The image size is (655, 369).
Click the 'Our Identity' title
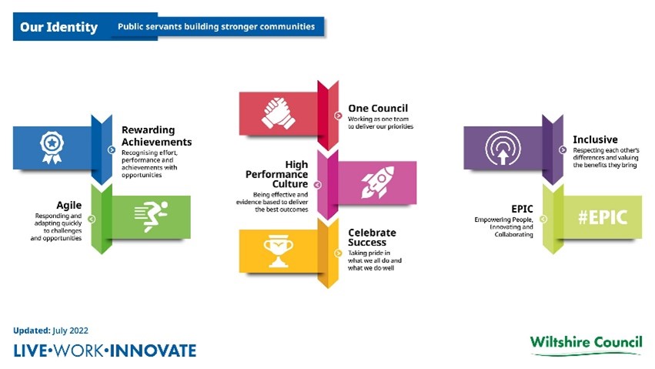(x=59, y=27)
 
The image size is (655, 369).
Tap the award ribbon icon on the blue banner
(x=52, y=147)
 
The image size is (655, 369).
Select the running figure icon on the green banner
(x=151, y=216)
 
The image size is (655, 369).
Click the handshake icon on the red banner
(x=278, y=112)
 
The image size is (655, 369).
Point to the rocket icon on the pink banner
(x=378, y=183)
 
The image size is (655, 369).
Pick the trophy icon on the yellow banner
(x=278, y=251)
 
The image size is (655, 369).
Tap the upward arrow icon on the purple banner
(x=503, y=148)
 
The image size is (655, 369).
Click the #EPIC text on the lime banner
(x=603, y=217)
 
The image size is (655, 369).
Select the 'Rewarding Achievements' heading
(x=157, y=136)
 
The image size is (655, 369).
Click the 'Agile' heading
(x=69, y=205)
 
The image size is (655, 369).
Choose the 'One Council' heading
(x=378, y=108)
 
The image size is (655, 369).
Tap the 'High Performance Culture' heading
(x=276, y=174)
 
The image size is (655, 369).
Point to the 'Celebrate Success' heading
(x=372, y=237)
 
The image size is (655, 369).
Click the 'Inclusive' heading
(x=595, y=139)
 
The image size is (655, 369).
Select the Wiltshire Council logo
(x=586, y=345)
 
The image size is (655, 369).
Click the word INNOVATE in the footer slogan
(x=153, y=351)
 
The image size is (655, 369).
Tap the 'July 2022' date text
(x=70, y=330)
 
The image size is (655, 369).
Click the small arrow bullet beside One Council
(x=338, y=116)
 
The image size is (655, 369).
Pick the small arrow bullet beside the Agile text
(x=92, y=219)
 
